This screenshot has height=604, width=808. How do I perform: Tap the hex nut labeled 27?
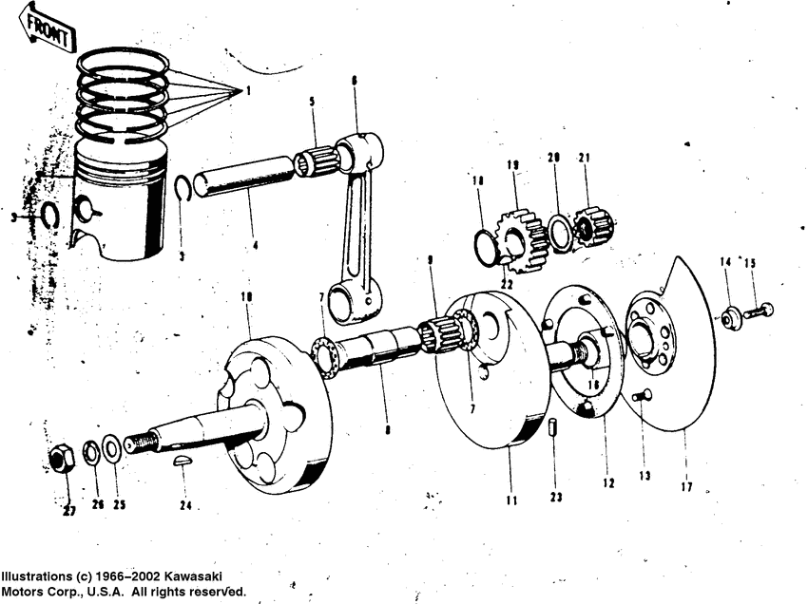click(x=62, y=461)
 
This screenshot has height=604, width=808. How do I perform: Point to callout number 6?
click(x=355, y=82)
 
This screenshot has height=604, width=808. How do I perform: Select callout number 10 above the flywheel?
click(x=247, y=298)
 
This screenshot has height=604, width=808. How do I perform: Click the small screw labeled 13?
click(x=640, y=397)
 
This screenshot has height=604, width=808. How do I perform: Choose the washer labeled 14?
click(x=729, y=319)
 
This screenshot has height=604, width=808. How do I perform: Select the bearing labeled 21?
click(x=594, y=226)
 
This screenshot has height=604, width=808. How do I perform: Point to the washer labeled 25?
click(x=110, y=447)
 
